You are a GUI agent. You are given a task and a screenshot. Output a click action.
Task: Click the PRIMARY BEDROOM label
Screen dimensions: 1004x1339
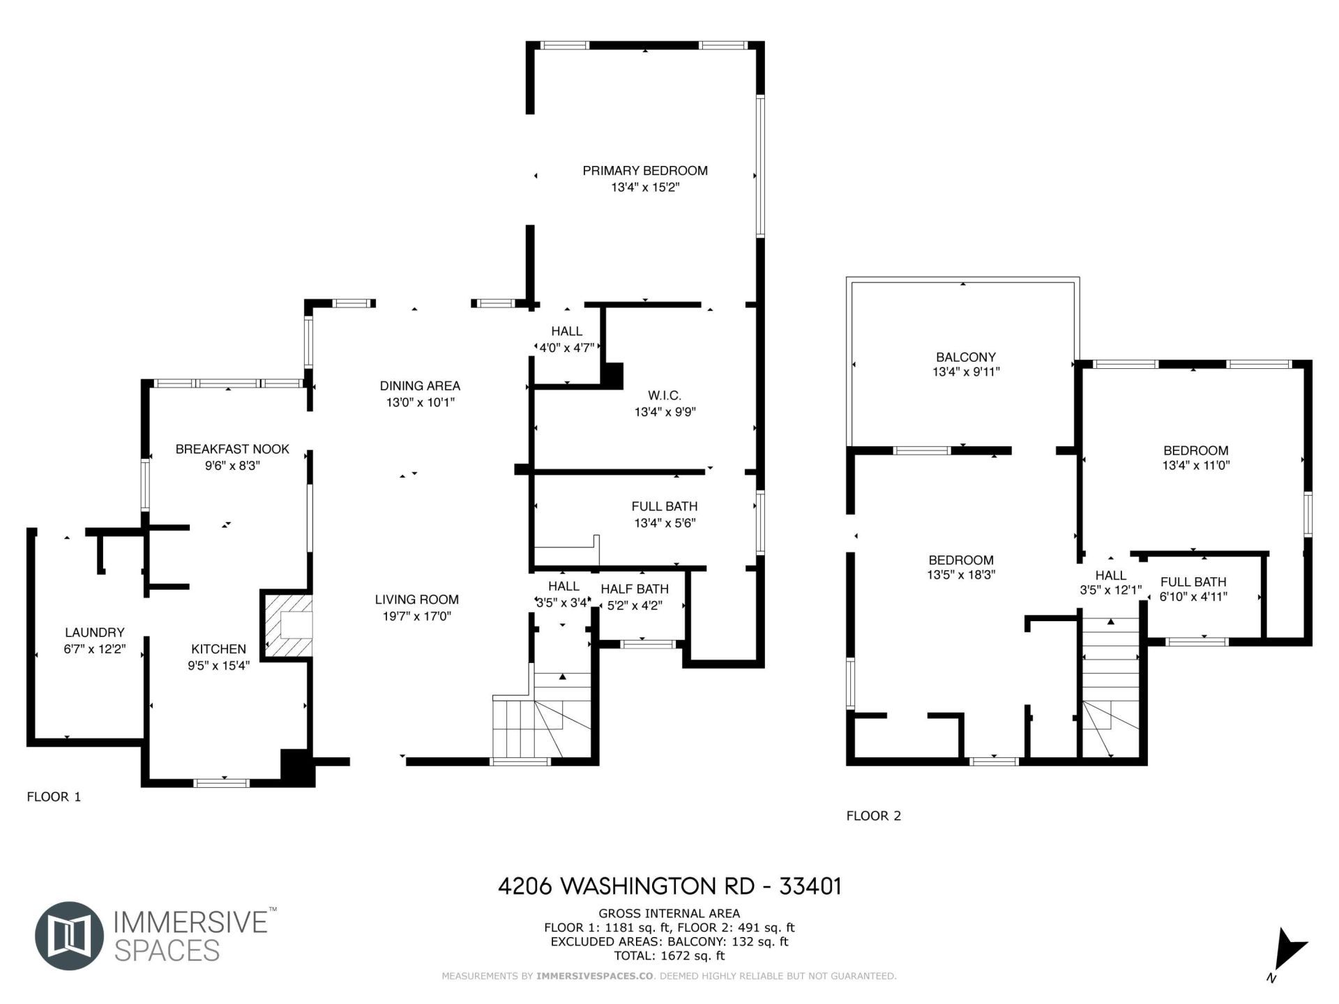click(645, 171)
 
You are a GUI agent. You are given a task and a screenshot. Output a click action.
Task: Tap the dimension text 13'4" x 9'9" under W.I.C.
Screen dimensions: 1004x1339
click(665, 412)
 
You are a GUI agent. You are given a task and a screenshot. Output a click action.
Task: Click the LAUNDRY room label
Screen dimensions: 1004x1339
click(94, 632)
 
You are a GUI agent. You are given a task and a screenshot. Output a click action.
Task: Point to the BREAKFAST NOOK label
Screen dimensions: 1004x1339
click(232, 449)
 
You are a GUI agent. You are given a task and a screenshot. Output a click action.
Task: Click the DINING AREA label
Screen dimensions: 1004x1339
click(420, 386)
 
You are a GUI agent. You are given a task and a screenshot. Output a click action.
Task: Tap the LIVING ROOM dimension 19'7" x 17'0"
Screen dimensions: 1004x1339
click(416, 616)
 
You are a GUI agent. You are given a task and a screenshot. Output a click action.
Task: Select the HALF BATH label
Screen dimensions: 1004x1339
click(634, 589)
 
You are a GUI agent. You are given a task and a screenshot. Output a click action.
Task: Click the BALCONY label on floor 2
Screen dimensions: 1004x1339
click(966, 357)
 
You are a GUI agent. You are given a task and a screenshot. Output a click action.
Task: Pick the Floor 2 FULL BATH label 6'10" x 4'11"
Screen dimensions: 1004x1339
click(1193, 588)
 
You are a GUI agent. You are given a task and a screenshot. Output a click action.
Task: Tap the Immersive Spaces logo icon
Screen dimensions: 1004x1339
click(69, 936)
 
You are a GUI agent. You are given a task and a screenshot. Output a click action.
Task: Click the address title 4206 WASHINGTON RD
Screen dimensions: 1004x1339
click(669, 886)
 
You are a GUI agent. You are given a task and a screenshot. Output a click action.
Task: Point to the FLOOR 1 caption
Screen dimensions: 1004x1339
click(54, 797)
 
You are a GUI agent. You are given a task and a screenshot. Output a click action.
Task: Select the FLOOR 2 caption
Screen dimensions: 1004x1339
click(873, 816)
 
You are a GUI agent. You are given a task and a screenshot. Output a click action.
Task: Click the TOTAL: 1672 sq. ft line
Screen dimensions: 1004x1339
click(669, 956)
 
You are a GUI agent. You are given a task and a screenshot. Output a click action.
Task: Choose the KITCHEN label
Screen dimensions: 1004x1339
click(218, 649)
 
